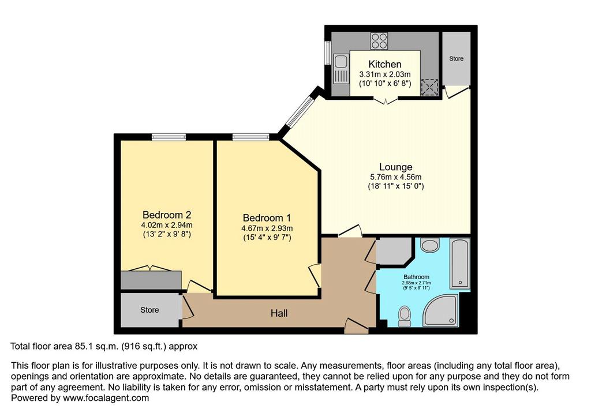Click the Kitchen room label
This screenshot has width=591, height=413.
coord(384,64)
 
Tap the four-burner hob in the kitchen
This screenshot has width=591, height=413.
coord(379,41)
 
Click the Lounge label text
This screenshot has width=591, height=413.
coord(395,167)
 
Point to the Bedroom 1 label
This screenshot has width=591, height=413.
coord(267,218)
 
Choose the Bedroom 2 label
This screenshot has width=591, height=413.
coord(167,215)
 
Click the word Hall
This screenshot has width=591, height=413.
coord(279,313)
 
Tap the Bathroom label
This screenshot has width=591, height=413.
coord(416,277)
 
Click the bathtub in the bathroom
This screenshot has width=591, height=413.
coord(460,262)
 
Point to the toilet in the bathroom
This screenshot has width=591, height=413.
coord(405,316)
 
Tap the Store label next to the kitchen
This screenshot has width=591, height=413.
coord(456,59)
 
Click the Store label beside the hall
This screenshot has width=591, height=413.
coord(149,310)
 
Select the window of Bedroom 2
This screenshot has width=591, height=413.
coord(169,137)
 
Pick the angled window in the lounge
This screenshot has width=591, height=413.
coord(300,111)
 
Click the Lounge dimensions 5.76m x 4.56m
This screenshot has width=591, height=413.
coord(396,177)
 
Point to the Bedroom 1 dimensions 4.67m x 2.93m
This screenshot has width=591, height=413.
coord(267,228)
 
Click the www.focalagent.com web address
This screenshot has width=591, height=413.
coord(106,398)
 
